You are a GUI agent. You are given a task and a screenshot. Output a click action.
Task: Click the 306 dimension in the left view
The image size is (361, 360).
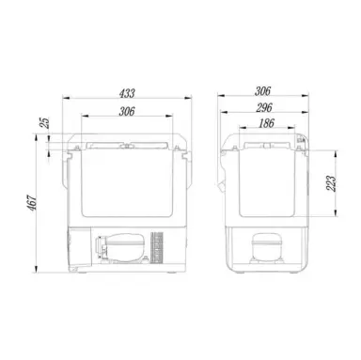(x=125, y=111)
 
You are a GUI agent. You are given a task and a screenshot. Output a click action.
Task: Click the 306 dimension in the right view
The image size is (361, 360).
(x=262, y=92)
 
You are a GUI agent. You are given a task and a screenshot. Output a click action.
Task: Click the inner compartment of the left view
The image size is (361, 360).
(x=125, y=183)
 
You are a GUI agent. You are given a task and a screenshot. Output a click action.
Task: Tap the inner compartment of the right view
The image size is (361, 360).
(x=262, y=183)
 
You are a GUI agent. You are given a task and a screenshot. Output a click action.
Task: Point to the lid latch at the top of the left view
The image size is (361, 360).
(x=125, y=145)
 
